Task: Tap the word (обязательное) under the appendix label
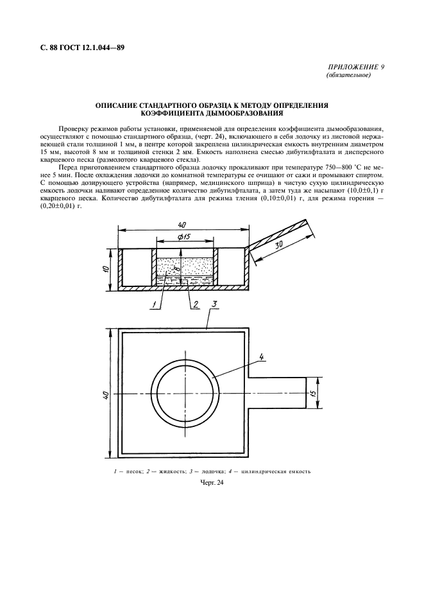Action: coord(349,75)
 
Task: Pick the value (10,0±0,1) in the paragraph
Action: coord(359,191)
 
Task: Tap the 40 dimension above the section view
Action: coord(183,225)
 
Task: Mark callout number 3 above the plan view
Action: coord(216,302)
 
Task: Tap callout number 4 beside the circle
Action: coord(262,356)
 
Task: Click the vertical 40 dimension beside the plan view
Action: coord(106,397)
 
